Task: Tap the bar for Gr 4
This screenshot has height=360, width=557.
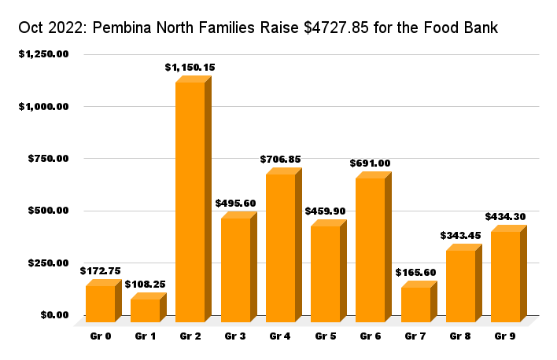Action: (x=280, y=247)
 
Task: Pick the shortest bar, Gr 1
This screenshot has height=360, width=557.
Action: (x=145, y=310)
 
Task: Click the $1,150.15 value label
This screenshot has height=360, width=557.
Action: (x=190, y=68)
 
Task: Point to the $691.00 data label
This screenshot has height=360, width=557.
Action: (x=370, y=163)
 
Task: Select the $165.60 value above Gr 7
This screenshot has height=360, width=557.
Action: (x=415, y=273)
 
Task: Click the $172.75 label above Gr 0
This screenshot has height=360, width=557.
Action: (x=100, y=270)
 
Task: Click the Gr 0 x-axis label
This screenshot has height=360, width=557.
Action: (x=100, y=336)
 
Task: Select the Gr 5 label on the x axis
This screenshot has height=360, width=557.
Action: (x=325, y=336)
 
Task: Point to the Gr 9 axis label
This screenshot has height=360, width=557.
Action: (x=505, y=336)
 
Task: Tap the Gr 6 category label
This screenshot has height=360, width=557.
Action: (x=371, y=336)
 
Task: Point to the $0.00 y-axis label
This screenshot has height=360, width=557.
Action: (x=55, y=315)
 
